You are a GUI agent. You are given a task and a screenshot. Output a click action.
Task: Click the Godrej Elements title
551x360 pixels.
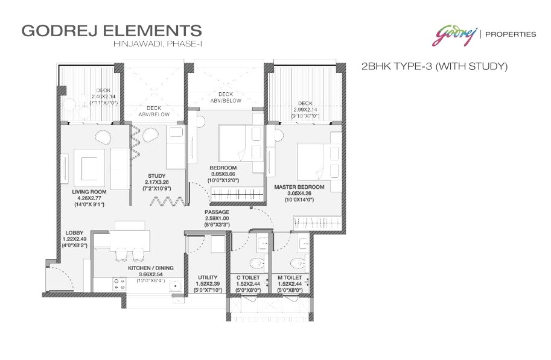[x=111, y=31]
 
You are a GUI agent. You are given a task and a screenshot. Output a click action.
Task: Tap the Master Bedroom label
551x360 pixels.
[x=299, y=187]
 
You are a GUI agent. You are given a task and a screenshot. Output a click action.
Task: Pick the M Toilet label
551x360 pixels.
[x=290, y=277]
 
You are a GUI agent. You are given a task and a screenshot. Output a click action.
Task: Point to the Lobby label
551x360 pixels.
[x=75, y=232]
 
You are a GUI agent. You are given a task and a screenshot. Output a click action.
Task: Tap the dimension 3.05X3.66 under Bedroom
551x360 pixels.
[x=227, y=173]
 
